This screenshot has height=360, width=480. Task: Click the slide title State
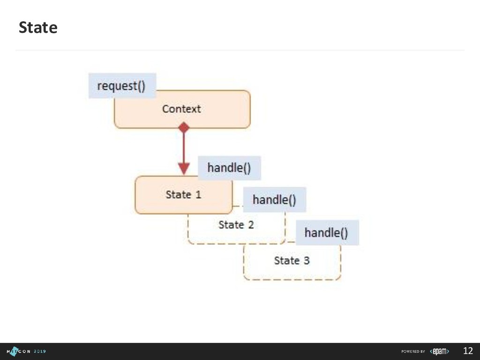(x=38, y=28)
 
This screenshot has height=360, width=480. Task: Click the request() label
(x=121, y=86)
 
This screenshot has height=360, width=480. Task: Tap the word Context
(x=181, y=109)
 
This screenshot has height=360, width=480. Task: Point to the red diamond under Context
(x=184, y=127)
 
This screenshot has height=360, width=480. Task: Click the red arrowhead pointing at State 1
(x=184, y=168)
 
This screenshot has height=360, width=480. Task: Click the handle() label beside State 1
(x=229, y=168)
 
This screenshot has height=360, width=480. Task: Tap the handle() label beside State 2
(x=274, y=200)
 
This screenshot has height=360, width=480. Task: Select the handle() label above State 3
(x=326, y=232)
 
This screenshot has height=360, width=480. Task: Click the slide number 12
(x=468, y=351)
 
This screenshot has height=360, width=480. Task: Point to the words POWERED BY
(x=413, y=352)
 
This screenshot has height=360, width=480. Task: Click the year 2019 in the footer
(x=39, y=351)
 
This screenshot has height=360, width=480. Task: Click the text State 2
(x=236, y=225)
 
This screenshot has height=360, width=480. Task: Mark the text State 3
(x=292, y=260)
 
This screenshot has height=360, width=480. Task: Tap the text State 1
(x=183, y=195)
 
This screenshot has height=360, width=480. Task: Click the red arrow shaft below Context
(x=184, y=148)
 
